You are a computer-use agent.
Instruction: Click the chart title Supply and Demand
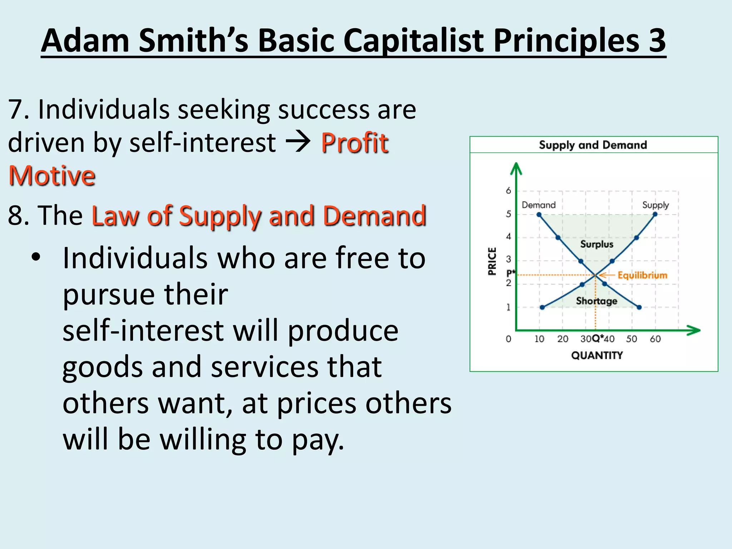[593, 145]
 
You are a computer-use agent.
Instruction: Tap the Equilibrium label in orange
[642, 275]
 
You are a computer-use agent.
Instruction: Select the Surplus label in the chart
[597, 244]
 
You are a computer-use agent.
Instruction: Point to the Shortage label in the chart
[596, 301]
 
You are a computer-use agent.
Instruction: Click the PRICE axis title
[492, 261]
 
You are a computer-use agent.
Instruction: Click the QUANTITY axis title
[597, 355]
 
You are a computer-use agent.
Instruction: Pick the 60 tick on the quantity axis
[655, 339]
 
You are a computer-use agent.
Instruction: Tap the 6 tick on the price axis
[508, 191]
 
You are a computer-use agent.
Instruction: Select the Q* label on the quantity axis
[597, 338]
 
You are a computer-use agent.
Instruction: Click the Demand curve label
[539, 205]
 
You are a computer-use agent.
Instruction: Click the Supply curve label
[655, 205]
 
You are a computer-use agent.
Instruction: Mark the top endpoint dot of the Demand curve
[539, 215]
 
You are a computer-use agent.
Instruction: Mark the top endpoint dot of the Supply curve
[655, 214]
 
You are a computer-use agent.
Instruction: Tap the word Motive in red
[52, 176]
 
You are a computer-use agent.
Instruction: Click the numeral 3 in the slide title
[657, 40]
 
